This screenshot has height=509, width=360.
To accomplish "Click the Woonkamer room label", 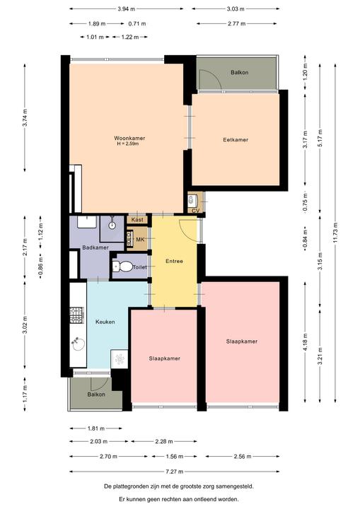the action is [129, 138].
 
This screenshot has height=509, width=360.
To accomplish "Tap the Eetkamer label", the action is [236, 139].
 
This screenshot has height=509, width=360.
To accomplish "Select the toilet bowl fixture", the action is [123, 267].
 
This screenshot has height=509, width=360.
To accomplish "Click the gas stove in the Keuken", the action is [77, 315].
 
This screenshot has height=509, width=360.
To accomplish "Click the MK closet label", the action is [140, 240].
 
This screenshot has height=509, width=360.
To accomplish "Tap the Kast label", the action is [137, 220].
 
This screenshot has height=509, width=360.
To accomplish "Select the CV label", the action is [196, 211].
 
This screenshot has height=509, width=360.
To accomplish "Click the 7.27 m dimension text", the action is [175, 472].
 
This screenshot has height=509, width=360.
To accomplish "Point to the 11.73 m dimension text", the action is [335, 233].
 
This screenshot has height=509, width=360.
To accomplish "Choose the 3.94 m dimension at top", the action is [127, 8].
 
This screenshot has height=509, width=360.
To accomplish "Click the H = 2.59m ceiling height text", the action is [128, 144].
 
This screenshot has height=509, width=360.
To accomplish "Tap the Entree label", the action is [174, 261].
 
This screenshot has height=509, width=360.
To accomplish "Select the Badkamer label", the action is [95, 247].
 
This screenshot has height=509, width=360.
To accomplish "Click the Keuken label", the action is [105, 322].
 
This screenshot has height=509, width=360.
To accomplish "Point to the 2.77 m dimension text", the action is [237, 23].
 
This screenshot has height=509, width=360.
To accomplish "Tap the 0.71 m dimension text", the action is [137, 23].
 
